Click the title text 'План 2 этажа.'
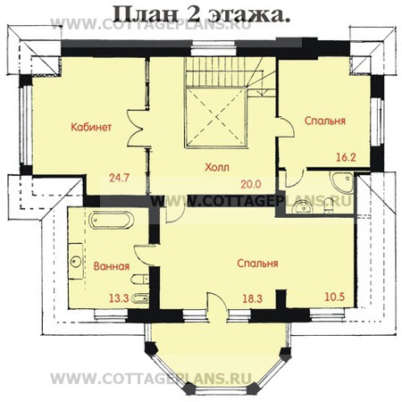[x=200, y=14]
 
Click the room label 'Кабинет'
[x=91, y=128]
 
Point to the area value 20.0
[x=249, y=184]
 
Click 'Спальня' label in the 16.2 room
[x=324, y=121]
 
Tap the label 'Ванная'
[x=111, y=266]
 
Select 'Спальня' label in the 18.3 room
[x=258, y=264]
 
